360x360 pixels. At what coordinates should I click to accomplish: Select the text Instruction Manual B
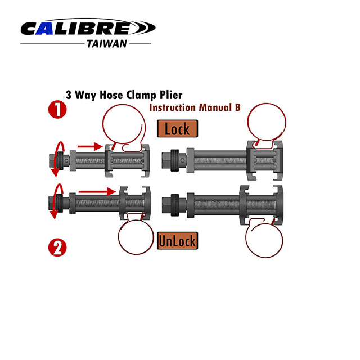pyautogui.click(x=191, y=107)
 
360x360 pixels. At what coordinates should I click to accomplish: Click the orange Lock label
pyautogui.click(x=177, y=129)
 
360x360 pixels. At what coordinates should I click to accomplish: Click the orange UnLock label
pyautogui.click(x=177, y=241)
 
